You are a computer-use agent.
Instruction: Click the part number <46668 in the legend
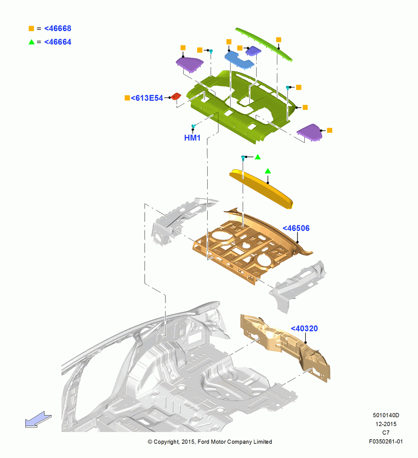58,28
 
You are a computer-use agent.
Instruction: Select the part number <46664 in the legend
58,42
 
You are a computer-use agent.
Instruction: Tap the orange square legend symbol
31,28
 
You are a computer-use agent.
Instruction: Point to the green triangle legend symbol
31,42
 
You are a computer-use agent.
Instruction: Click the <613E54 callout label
147,98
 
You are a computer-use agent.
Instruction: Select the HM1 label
192,137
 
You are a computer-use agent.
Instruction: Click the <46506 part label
296,228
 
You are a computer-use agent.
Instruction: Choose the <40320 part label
304,328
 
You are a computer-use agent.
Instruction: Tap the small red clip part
176,96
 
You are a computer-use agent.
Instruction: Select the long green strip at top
264,44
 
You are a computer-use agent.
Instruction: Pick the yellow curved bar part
261,189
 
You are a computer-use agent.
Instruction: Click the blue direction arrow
38,420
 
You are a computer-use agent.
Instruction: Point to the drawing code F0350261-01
386,442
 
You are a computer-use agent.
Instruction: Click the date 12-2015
386,424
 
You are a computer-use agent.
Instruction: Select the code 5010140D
386,415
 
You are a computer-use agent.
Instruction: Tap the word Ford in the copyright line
204,442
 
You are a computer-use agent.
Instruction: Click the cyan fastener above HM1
193,126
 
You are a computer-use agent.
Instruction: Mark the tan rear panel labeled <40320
285,348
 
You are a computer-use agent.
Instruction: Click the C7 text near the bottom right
386,433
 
